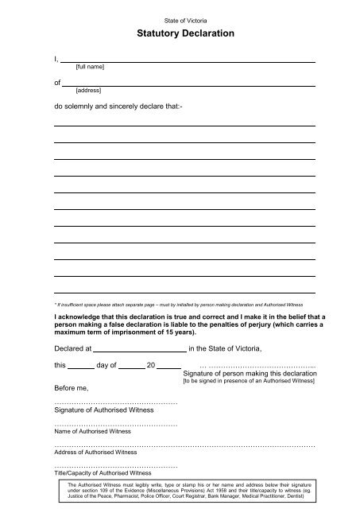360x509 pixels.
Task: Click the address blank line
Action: [x=190, y=84]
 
